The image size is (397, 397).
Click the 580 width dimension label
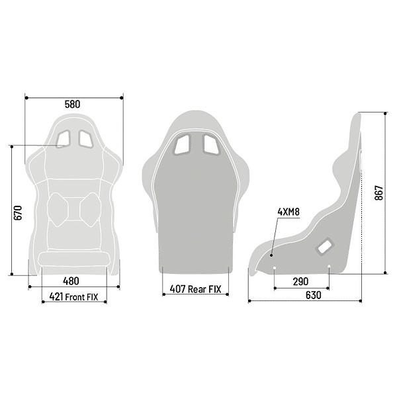pyautogui.click(x=72, y=105)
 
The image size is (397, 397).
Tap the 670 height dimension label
pyautogui.click(x=18, y=213)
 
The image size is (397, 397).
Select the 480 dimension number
pyautogui.click(x=71, y=281)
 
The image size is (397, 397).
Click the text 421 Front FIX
pyautogui.click(x=73, y=296)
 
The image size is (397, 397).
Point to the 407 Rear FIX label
pyautogui.click(x=195, y=289)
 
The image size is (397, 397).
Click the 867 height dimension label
pyautogui.click(x=379, y=193)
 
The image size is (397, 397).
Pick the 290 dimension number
pyautogui.click(x=301, y=282)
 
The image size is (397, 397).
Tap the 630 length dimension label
pyautogui.click(x=314, y=295)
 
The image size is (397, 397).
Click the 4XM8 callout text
pyautogui.click(x=288, y=212)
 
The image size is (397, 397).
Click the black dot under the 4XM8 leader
pyautogui.click(x=271, y=255)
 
